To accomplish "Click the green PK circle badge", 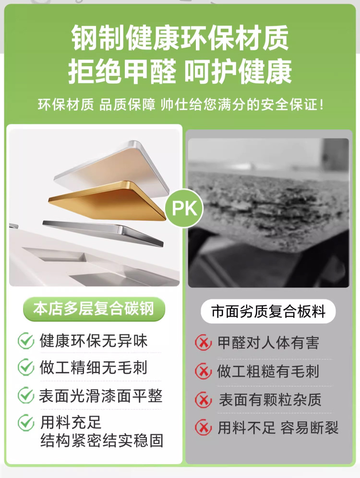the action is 184,208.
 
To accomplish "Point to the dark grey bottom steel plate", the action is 104,233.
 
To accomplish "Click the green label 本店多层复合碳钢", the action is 94,309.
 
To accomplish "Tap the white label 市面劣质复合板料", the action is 268,312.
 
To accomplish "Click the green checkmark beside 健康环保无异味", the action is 25,341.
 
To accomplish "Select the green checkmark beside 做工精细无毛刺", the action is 25,367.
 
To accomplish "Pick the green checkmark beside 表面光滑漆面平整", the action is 25,395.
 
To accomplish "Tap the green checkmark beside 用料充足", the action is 25,423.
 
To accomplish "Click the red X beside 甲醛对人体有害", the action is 203,343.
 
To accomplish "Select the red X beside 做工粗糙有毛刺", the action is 203,371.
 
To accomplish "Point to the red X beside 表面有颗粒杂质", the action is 203,400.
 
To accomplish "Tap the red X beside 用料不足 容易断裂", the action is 203,428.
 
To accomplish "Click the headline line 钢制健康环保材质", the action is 180,38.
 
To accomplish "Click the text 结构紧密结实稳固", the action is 102,441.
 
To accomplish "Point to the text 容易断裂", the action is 309,428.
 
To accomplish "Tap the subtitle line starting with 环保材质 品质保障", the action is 180,105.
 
